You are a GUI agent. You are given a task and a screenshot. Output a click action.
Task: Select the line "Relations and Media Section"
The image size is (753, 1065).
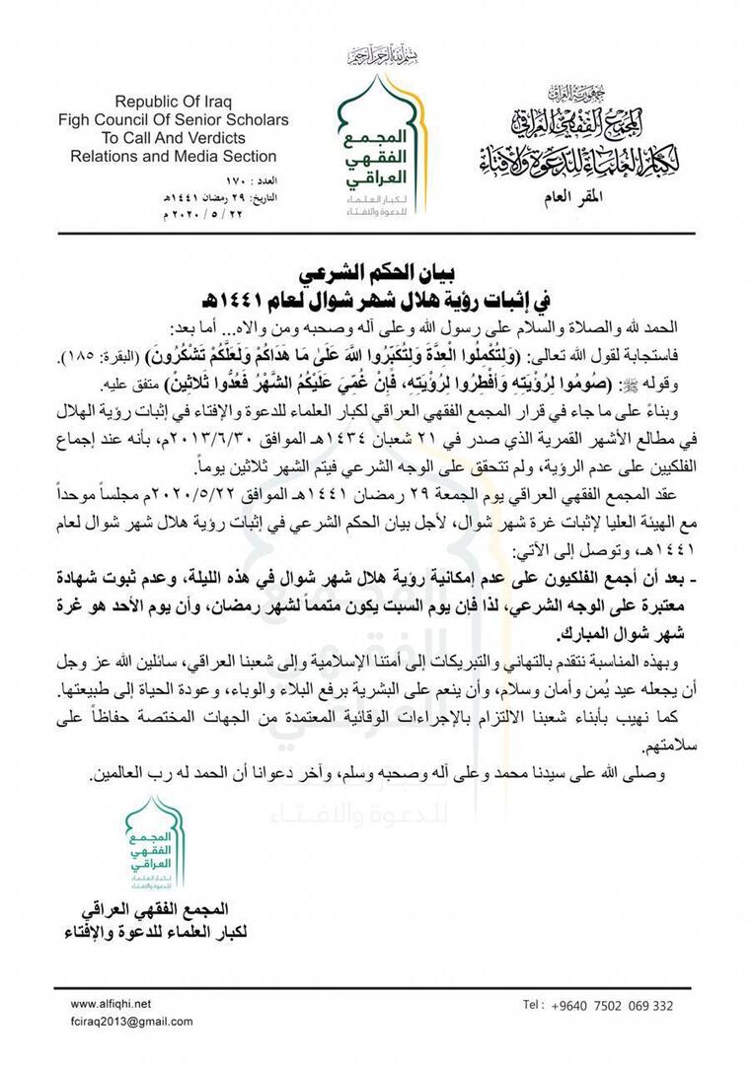coord(174,156)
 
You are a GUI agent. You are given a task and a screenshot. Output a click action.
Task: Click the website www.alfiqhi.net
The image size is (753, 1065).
coord(111,1004)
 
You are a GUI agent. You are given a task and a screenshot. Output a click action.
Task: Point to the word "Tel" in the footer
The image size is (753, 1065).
coord(533,1006)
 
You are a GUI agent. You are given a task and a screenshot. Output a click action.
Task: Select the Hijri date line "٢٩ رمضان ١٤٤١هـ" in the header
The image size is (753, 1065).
coord(234,197)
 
